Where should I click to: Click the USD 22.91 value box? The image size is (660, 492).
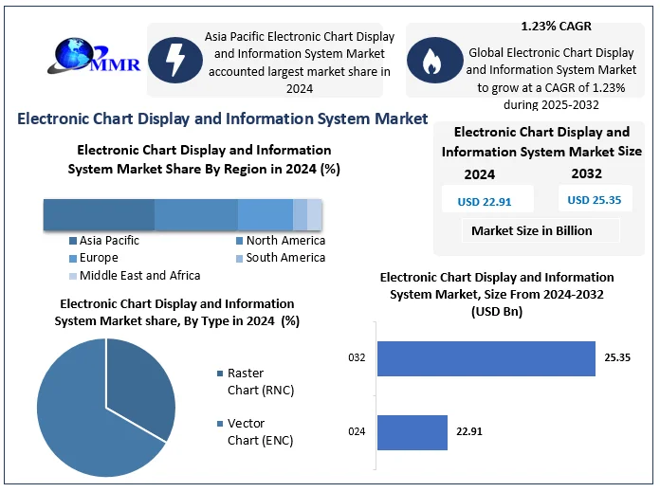tap(485, 201)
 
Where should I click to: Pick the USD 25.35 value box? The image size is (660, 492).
tap(593, 200)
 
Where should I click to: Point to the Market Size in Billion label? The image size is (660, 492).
tap(531, 230)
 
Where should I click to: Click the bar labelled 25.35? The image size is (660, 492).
tap(486, 358)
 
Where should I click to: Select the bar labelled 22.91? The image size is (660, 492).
tap(412, 431)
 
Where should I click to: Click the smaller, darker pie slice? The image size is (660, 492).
tap(140, 384)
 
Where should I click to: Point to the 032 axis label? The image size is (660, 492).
tap(357, 358)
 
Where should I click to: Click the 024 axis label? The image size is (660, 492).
tap(357, 431)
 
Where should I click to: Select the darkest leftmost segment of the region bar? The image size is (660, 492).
tap(99, 215)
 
